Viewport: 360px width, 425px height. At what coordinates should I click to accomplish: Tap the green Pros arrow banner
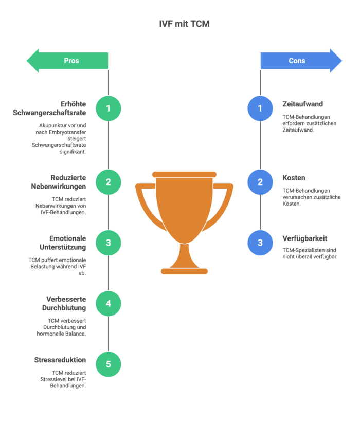(69, 61)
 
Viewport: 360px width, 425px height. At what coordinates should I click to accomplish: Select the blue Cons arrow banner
(299, 61)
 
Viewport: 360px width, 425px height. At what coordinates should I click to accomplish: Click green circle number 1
(108, 108)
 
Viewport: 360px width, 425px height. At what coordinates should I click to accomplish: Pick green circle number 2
(108, 182)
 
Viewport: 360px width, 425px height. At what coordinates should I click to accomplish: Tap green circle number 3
(108, 243)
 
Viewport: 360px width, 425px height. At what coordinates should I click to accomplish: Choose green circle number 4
(108, 304)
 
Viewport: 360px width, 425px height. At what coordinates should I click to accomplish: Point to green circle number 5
(108, 364)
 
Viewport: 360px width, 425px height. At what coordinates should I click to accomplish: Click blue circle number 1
(260, 108)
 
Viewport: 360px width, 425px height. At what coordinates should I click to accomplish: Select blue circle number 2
(260, 182)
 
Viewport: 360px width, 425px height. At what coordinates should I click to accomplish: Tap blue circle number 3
(260, 243)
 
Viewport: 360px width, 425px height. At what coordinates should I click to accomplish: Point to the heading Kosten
(294, 178)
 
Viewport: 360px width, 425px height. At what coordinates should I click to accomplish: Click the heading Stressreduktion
(60, 360)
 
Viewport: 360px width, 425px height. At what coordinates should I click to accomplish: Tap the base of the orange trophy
(184, 271)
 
